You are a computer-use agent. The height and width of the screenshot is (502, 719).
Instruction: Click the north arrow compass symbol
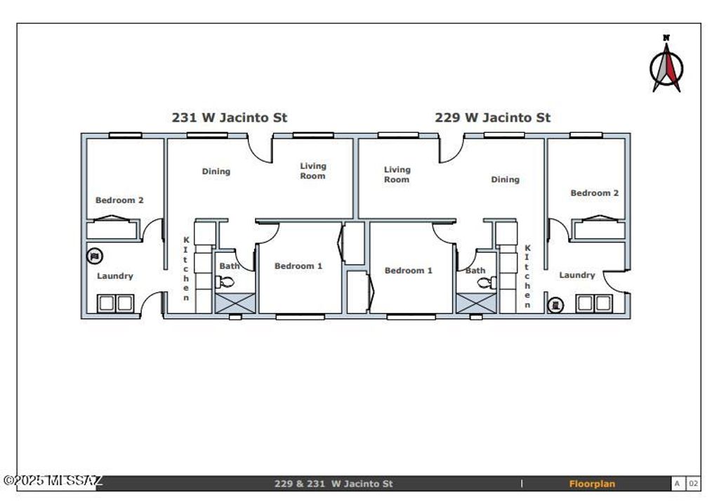(x=666, y=65)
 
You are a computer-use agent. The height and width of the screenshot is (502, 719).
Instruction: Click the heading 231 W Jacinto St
(x=229, y=118)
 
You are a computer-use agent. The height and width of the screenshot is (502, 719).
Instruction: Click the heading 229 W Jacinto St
(x=492, y=118)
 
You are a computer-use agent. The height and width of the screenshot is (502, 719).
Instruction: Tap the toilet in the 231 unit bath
(x=226, y=283)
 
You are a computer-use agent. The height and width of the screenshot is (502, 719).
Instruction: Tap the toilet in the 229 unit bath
(x=485, y=283)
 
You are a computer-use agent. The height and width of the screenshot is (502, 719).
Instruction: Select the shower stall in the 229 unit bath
(x=468, y=303)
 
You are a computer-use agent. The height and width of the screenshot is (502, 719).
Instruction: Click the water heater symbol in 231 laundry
(x=95, y=256)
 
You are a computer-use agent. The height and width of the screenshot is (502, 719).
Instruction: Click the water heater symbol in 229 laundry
(x=555, y=304)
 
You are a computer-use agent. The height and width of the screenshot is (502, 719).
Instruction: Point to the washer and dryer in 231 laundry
(x=115, y=304)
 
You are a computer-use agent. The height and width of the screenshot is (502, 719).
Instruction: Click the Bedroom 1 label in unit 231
(x=298, y=266)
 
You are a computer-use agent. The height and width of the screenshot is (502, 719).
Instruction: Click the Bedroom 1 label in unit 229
(x=408, y=271)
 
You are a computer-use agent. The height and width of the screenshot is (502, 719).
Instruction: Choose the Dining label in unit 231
(x=216, y=172)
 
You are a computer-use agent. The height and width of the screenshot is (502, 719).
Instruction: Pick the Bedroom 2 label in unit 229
(x=594, y=193)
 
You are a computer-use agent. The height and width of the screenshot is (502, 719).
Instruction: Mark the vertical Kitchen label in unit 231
(x=186, y=269)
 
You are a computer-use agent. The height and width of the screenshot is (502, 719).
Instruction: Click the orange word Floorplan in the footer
(x=592, y=484)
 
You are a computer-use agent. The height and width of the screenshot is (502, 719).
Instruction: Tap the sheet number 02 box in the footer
(x=692, y=484)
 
